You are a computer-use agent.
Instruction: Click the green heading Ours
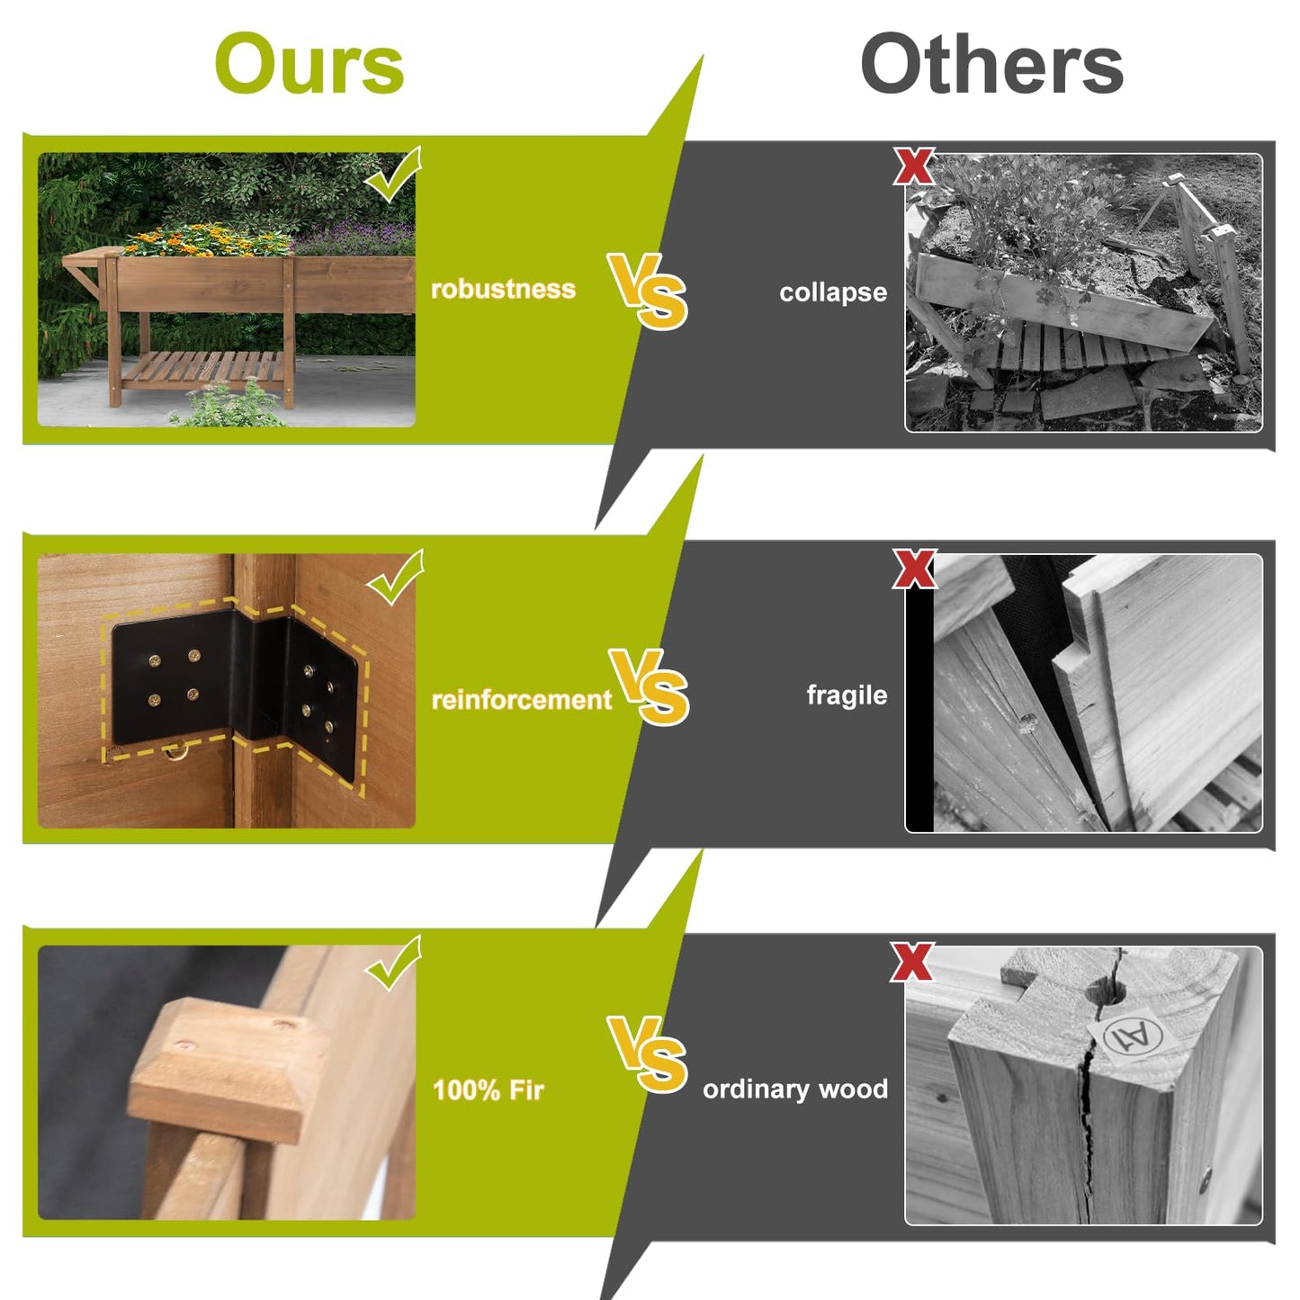tap(309, 65)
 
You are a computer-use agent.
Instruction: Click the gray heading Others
tap(991, 65)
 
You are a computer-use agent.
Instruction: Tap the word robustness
tap(503, 289)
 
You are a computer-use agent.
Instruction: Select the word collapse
tap(833, 292)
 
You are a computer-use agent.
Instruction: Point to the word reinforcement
tap(522, 700)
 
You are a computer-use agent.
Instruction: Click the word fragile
tap(847, 695)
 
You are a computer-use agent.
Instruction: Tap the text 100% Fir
tap(488, 1090)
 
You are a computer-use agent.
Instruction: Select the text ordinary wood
tap(795, 1089)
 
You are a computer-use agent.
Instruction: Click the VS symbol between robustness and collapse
tap(647, 291)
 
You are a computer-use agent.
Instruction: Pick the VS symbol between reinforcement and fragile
tap(649, 686)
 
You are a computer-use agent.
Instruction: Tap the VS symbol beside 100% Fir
tap(647, 1053)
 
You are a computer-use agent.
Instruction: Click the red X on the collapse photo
tap(914, 166)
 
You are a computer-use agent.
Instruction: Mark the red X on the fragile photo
tap(914, 568)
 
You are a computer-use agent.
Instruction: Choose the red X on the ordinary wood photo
tap(912, 962)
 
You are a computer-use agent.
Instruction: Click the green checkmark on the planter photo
tap(392, 174)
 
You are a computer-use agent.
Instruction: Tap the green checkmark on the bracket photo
tap(395, 576)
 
